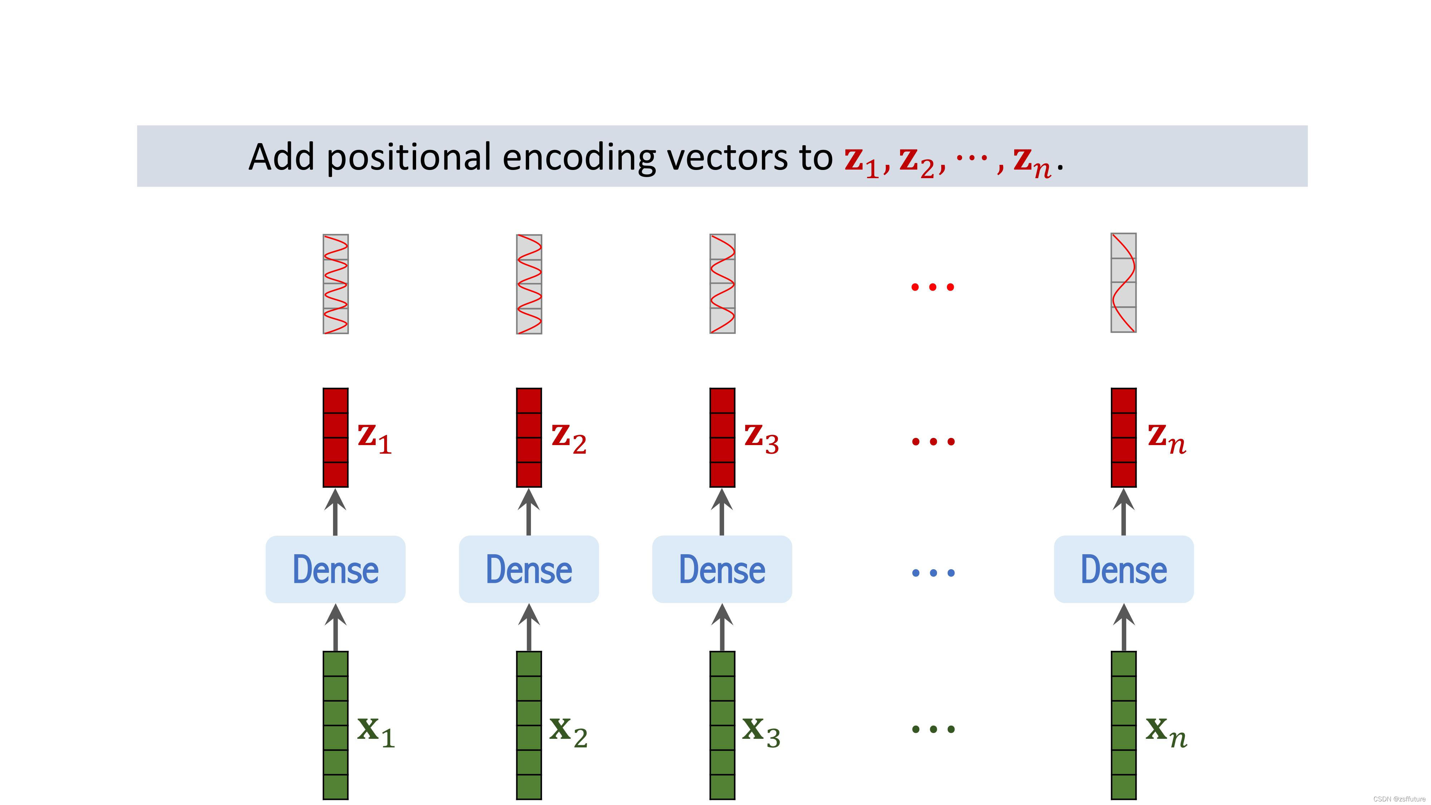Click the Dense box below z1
pyautogui.click(x=336, y=570)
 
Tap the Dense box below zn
pyautogui.click(x=1123, y=570)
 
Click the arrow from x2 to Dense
pyautogui.click(x=529, y=628)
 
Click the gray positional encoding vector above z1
pyautogui.click(x=336, y=284)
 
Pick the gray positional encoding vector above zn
pyautogui.click(x=1123, y=283)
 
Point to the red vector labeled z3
pyautogui.click(x=722, y=438)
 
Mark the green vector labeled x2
pyautogui.click(x=529, y=725)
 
